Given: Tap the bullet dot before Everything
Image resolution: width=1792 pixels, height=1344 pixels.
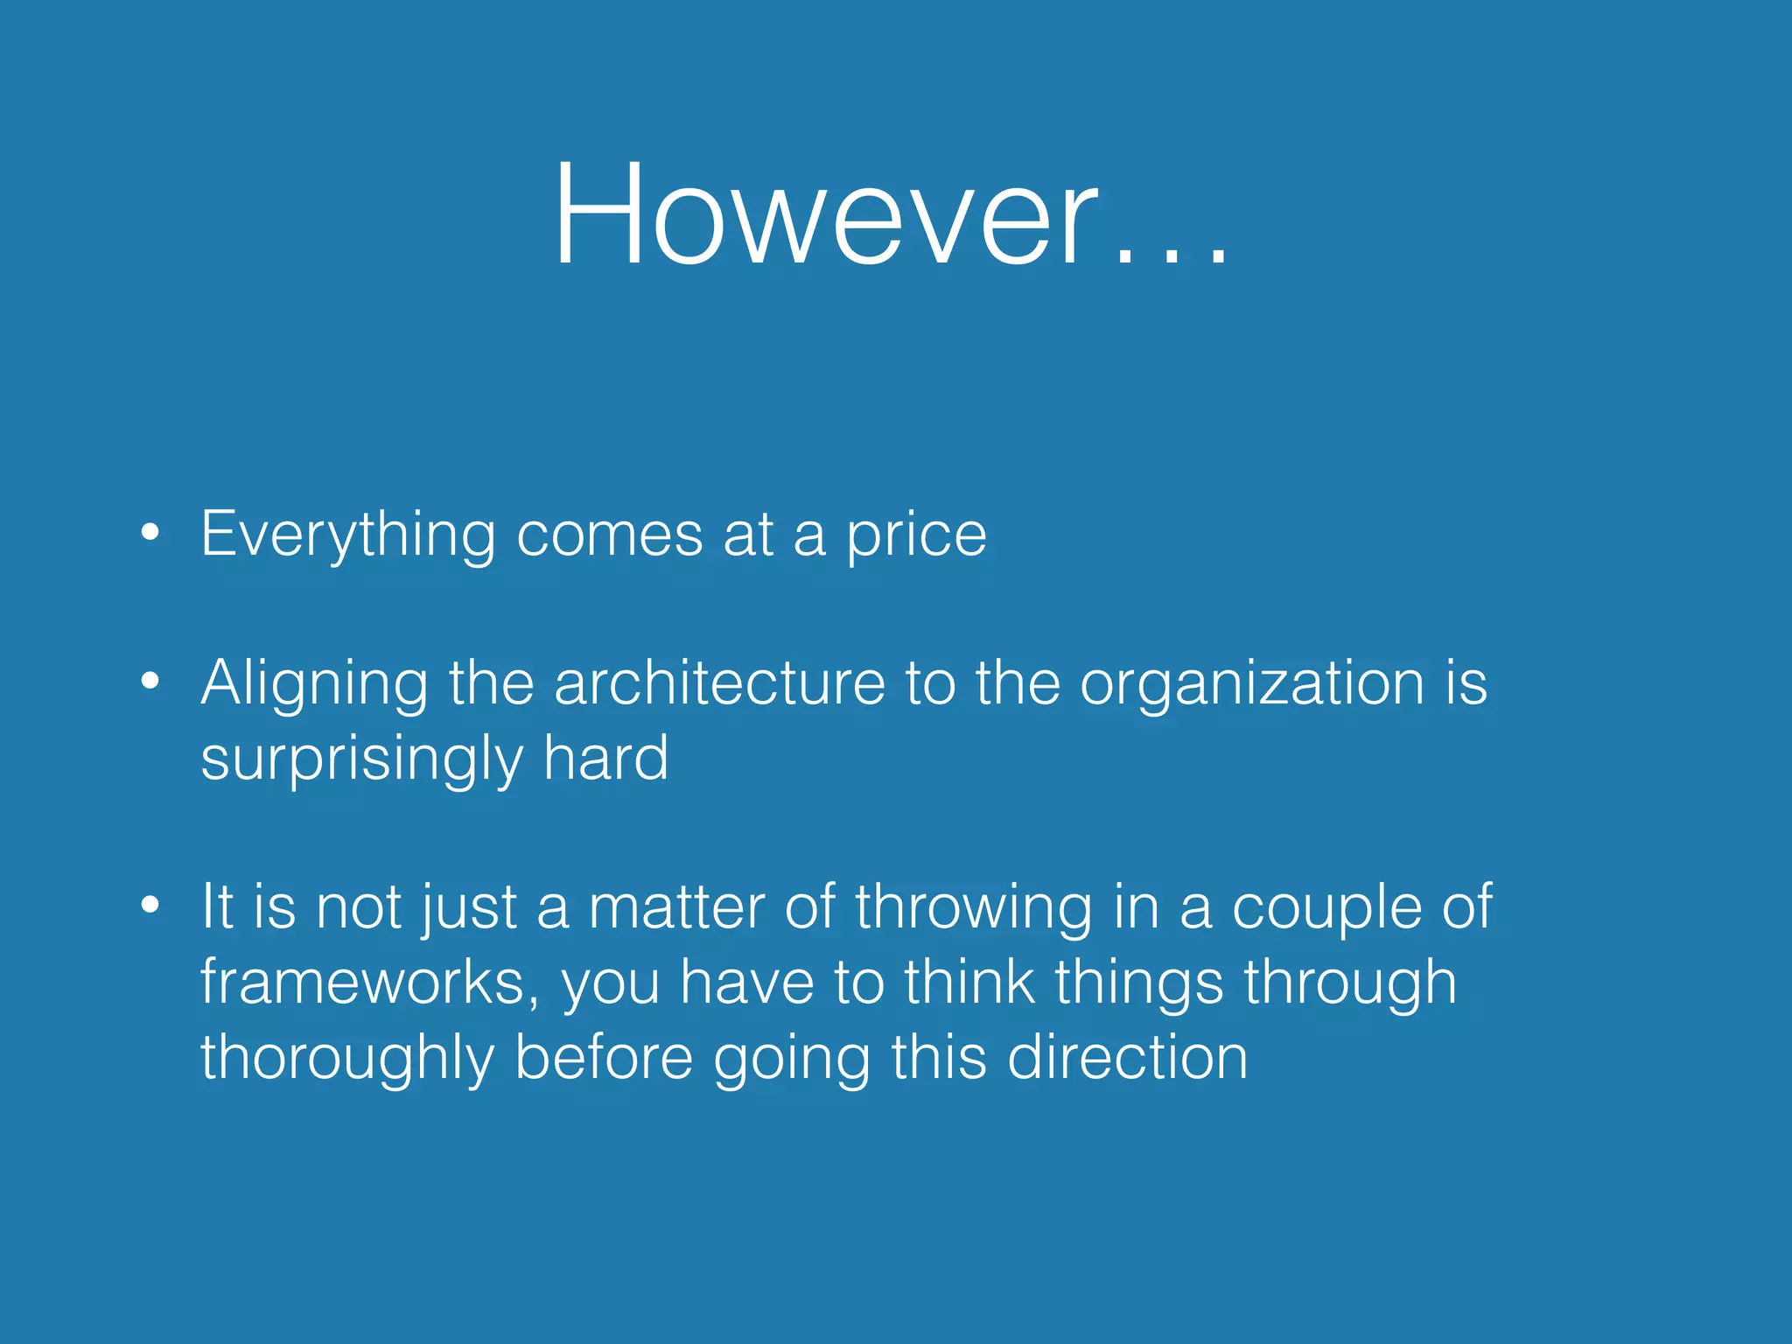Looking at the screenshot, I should tap(150, 531).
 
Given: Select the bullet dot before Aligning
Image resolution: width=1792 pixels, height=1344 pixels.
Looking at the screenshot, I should tap(150, 680).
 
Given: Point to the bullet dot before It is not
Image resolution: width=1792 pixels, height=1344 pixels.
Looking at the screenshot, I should tap(150, 905).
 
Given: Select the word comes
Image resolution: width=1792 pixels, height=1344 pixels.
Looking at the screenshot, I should tap(609, 534).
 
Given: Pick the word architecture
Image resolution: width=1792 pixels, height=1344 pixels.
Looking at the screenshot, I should tap(719, 682).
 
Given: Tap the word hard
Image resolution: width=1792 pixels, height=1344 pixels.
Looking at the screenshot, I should tap(605, 758).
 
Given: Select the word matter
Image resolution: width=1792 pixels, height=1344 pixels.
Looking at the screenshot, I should tap(677, 906).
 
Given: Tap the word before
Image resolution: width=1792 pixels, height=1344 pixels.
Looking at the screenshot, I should tap(604, 1057).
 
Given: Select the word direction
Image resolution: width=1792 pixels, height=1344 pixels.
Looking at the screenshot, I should tap(1127, 1057).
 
